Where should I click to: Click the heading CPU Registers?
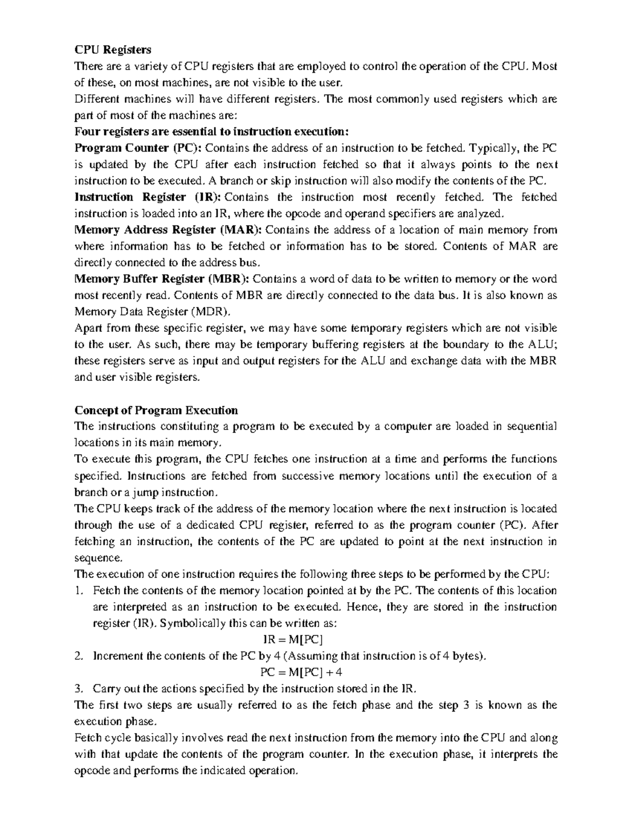(x=113, y=50)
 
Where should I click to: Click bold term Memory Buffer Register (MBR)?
(x=164, y=279)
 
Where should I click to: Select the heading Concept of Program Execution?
(x=156, y=410)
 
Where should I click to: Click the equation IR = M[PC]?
(x=293, y=639)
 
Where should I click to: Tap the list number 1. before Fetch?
(x=79, y=590)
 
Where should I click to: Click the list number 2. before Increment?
(x=79, y=656)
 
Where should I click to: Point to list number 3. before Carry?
(x=79, y=688)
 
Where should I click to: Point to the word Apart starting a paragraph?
(x=88, y=328)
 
